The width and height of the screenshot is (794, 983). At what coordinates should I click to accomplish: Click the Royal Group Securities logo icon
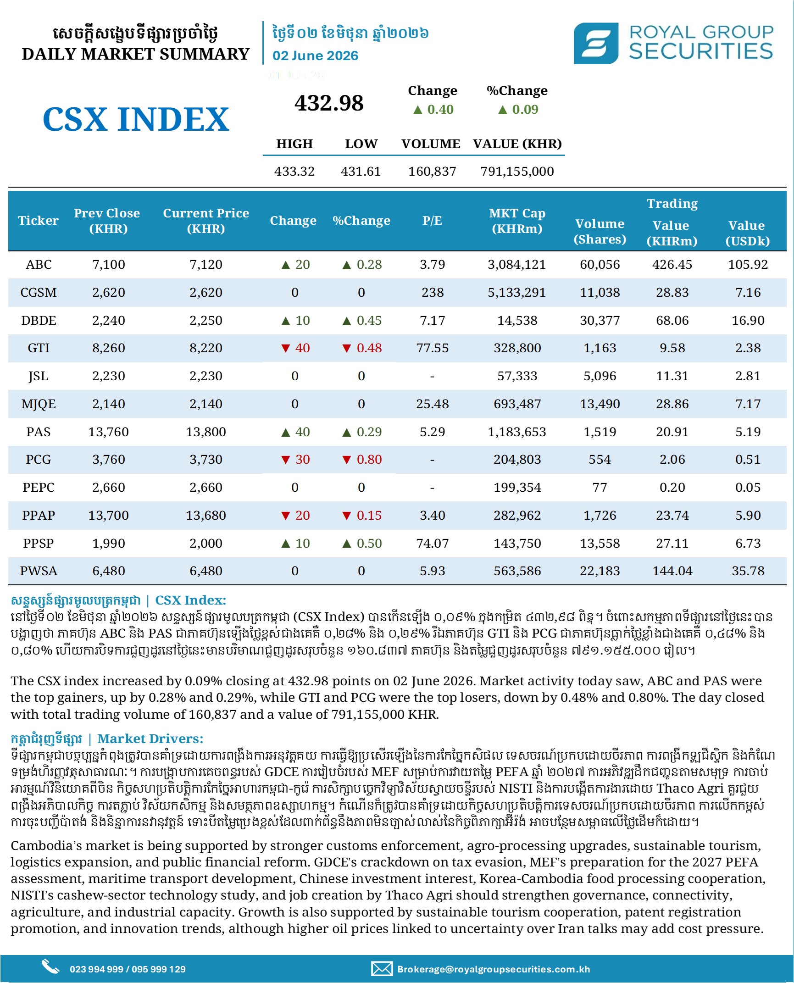tap(596, 43)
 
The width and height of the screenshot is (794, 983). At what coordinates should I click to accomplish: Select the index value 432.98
tap(329, 103)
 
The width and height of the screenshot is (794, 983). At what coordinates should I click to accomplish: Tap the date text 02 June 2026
tap(315, 56)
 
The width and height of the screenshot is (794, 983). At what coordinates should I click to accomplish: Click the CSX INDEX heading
tap(136, 119)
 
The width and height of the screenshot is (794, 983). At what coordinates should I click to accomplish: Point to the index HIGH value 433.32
tap(294, 172)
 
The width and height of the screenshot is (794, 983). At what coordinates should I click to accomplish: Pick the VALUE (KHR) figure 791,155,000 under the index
tap(517, 172)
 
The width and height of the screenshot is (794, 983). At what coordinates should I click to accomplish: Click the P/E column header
tap(432, 221)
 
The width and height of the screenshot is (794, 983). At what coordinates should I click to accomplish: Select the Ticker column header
tap(39, 221)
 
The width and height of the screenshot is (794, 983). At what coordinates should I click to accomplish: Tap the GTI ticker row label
tap(39, 348)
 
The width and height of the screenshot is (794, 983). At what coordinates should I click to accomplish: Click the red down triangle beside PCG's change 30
tap(286, 460)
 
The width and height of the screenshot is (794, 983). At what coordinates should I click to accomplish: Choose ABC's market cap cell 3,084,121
tap(517, 265)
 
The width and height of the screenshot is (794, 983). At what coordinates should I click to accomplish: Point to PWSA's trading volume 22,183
tap(600, 571)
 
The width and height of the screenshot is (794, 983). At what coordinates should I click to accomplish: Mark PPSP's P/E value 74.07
tap(432, 543)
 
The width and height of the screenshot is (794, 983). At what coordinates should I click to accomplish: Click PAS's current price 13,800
tap(206, 432)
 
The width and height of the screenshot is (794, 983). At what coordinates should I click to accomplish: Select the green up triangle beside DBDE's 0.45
tap(347, 321)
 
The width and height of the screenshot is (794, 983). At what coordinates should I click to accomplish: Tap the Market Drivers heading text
tap(150, 739)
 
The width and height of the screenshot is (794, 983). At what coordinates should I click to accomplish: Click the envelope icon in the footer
tap(382, 969)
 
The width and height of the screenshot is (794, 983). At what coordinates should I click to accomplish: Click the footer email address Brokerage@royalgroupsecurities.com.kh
tap(494, 969)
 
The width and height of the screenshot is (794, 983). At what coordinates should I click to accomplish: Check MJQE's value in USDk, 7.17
tap(748, 404)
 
